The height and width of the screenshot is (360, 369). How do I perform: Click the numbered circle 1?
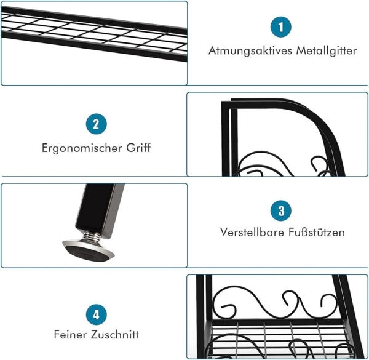coord(281,27)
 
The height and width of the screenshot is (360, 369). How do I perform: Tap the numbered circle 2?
coord(96,124)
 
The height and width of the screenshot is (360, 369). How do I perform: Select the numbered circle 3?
coord(281,211)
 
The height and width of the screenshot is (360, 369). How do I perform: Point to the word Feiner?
coord(69,335)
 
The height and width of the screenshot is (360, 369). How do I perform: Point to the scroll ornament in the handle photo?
coord(271,165)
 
